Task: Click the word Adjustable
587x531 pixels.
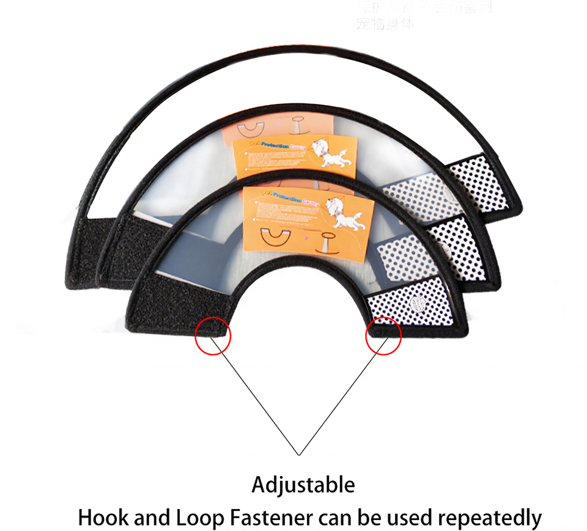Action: click(x=303, y=485)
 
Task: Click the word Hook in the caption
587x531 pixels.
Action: click(x=100, y=518)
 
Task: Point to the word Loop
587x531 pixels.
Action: click(x=198, y=518)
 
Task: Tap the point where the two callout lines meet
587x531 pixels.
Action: click(x=299, y=455)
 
